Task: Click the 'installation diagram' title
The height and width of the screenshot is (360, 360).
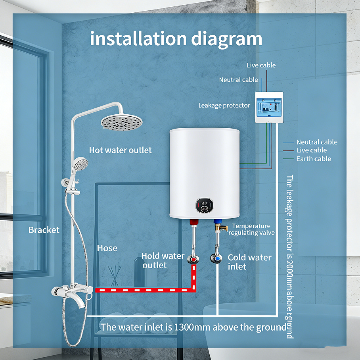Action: pos(176,39)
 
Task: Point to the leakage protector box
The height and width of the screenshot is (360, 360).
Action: pos(269,106)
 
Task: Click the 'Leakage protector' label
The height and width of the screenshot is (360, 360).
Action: pos(224,105)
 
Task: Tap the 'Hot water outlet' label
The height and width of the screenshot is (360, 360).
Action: pos(120,150)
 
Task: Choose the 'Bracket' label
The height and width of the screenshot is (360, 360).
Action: pos(44,230)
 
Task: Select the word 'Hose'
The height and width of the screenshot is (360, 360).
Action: pos(107,248)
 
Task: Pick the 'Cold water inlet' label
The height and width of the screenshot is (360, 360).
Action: pos(249,262)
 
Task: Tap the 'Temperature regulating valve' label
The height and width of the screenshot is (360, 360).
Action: pos(251,229)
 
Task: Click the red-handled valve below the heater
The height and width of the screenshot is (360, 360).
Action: pos(193,259)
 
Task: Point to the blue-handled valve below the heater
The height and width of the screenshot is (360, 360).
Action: pos(217,259)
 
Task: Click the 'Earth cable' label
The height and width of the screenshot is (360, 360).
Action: pos(314,159)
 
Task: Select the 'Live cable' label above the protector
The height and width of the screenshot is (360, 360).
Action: pos(261,65)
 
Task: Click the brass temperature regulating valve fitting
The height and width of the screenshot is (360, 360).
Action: pos(221,228)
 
